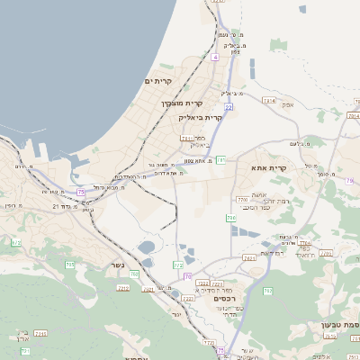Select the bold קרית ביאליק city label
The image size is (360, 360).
pos(213,118)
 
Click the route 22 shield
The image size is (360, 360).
pos(229,107)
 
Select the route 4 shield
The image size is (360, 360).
pos(216,57)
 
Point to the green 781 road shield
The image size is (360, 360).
pos(220,160)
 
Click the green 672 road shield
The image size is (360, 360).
pos(15,242)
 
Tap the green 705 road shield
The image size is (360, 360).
pos(230,218)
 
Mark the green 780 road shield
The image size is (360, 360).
pos(241,200)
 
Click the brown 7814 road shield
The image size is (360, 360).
pos(268,102)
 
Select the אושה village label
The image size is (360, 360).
pos(259,195)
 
